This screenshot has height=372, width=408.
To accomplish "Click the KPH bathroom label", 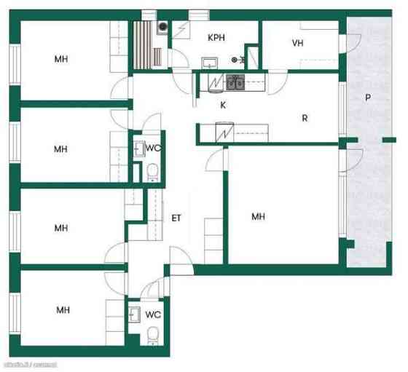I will point(216,37).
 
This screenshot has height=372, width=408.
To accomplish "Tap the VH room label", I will point(297,43).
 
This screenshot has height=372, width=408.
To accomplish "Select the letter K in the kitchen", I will point(223,105).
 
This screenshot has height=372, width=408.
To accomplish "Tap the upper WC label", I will point(153,148).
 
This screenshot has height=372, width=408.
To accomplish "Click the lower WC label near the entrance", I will point(153,315).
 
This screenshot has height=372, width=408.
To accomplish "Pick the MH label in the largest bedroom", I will point(258,216).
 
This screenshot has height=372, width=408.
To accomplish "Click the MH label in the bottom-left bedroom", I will point(63,310).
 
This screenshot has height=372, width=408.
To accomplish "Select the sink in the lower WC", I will point(135,314).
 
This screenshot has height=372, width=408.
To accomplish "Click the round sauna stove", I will point(162,26).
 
